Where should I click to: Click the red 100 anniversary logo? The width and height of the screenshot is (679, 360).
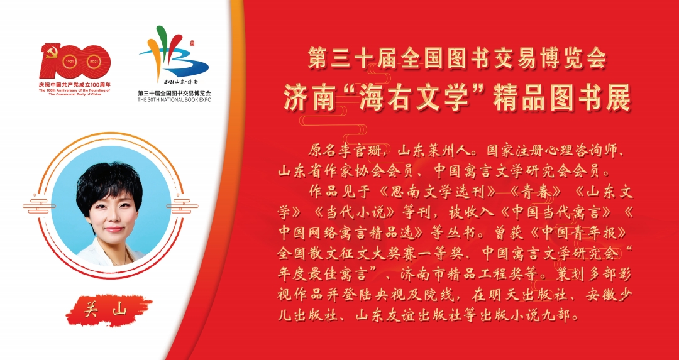point(75,61)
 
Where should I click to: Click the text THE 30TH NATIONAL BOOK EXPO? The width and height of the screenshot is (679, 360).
point(175,99)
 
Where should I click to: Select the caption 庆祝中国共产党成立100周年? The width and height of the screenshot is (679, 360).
point(75,84)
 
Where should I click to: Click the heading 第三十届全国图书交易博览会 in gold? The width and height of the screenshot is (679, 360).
point(456,59)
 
